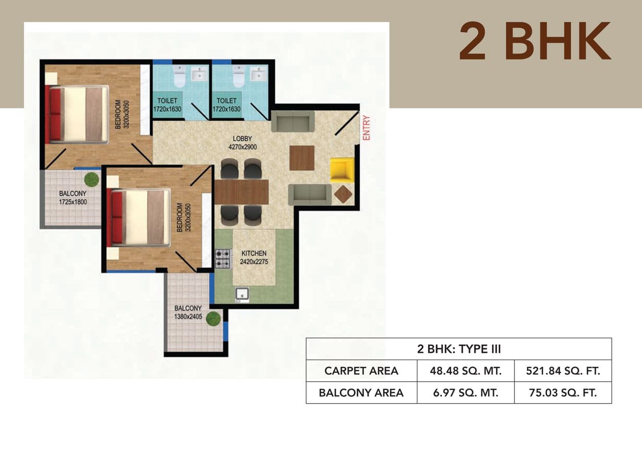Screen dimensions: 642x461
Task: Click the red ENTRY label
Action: (x=367, y=128)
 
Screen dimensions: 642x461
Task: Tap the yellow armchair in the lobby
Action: (x=343, y=170)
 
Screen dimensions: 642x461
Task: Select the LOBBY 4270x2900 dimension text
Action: (x=243, y=147)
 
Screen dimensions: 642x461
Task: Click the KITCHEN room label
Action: (x=254, y=253)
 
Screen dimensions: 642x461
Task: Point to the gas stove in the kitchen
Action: (x=223, y=259)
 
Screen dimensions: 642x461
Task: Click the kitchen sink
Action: (x=242, y=295)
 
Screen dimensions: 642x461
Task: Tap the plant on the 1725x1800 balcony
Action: (x=92, y=179)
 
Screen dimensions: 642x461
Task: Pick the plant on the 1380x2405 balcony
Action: (x=213, y=319)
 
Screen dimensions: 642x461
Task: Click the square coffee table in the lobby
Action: (x=302, y=158)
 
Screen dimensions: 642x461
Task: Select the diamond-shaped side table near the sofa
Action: (x=343, y=194)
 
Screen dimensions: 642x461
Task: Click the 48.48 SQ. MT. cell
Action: (x=466, y=371)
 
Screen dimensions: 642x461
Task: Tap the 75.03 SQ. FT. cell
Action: (x=563, y=393)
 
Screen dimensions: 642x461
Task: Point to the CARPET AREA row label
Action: (x=361, y=371)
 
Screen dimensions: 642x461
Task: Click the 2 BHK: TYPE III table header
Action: (x=459, y=349)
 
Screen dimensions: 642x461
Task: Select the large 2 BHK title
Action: (x=535, y=41)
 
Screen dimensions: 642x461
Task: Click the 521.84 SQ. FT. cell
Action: (x=563, y=371)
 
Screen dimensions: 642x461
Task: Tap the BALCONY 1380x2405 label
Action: (x=188, y=312)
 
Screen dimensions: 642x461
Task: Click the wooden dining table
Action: (x=242, y=192)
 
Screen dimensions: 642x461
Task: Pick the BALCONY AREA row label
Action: (x=361, y=393)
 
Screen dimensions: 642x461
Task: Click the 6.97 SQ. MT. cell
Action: (x=466, y=393)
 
